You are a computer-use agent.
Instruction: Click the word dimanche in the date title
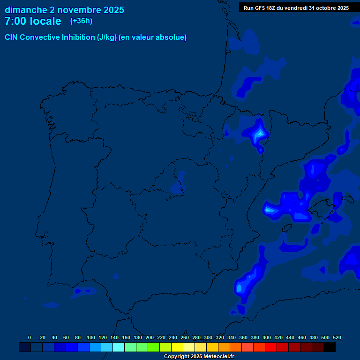coord(25,10)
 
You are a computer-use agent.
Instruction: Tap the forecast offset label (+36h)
coord(81,21)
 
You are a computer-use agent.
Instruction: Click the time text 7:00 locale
coord(33,22)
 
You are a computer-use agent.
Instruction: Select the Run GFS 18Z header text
coord(265,8)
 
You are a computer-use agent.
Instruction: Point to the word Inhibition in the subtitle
coord(78,37)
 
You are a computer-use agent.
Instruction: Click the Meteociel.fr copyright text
coord(199,356)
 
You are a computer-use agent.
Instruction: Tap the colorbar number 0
coord(30,337)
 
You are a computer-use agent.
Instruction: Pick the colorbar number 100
coord(91,337)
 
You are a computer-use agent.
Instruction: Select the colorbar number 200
coord(150,337)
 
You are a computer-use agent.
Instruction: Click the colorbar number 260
coord(185,337)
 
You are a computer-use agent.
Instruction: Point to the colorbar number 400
coord(267,337)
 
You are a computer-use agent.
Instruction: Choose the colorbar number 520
coord(337,337)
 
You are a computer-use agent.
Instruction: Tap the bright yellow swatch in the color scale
coord(177,347)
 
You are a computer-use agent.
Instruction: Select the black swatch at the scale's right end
coord(330,347)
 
